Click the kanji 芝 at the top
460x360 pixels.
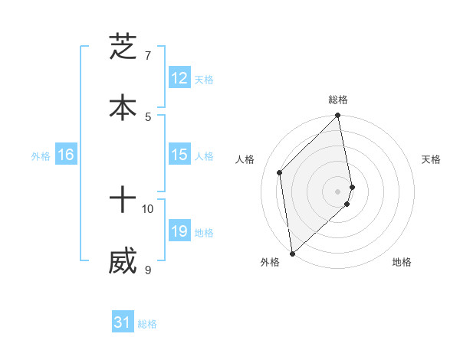click(123, 47)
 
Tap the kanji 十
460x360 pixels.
click(123, 201)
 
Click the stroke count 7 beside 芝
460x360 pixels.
click(149, 56)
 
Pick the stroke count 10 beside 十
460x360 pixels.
click(148, 208)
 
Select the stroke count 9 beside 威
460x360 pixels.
click(148, 270)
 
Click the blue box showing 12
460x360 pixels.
click(179, 78)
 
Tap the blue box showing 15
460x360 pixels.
click(179, 155)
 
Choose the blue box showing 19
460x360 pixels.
click(179, 231)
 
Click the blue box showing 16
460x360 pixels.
click(66, 155)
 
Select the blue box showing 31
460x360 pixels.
click(123, 323)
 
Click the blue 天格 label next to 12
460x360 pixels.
click(204, 79)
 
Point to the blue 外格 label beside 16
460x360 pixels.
click(41, 155)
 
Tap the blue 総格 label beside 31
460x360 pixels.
click(147, 324)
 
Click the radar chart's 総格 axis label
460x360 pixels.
click(338, 100)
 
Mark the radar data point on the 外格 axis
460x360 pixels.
click(292, 253)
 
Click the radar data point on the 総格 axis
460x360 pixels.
click(338, 116)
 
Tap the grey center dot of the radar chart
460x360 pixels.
click(338, 190)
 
